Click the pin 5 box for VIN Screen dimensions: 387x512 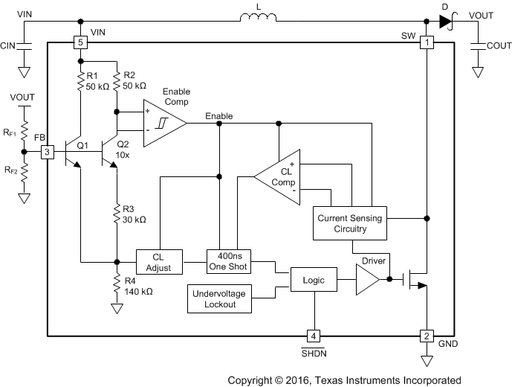pos(80,42)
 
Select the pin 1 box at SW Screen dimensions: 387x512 pos(427,42)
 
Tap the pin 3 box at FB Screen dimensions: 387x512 pos(47,152)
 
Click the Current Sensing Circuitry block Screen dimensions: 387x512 pos(351,223)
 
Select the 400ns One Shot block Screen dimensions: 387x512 pos(228,261)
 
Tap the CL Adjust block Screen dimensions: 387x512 pos(158,261)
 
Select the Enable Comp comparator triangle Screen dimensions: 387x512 pos(163,119)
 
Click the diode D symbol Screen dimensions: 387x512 pos(446,22)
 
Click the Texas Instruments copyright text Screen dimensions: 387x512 pos(344,380)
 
